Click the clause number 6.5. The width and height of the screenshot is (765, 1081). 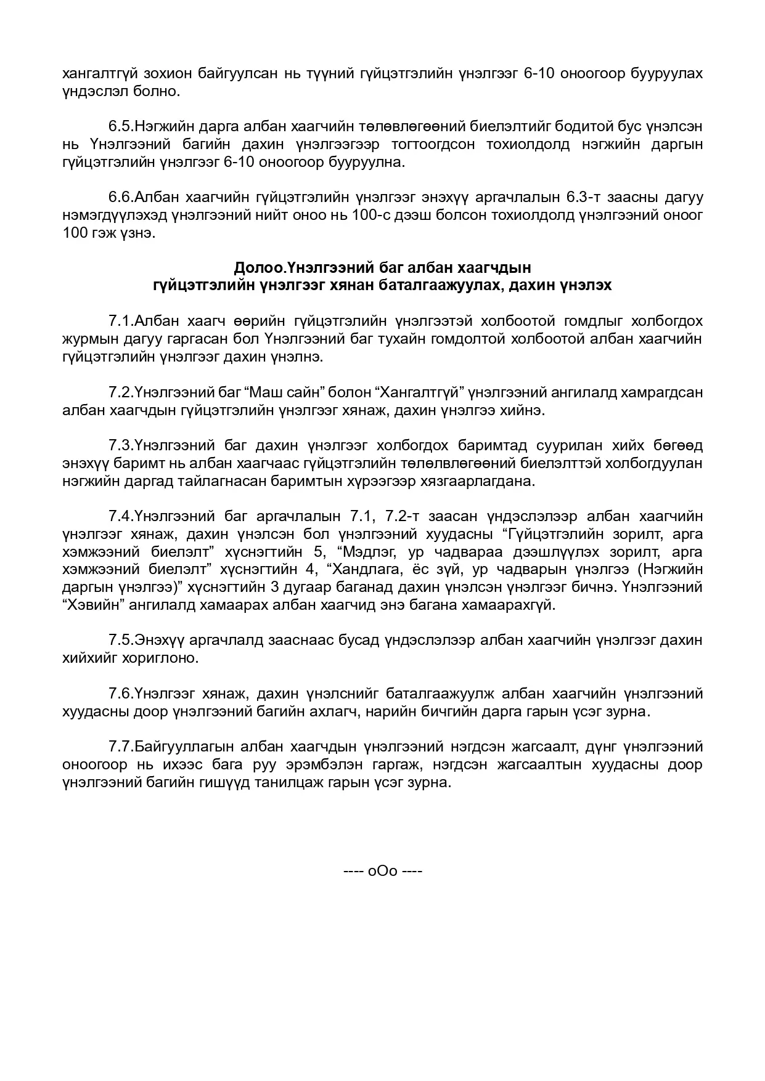121,127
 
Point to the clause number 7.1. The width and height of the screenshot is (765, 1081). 121,321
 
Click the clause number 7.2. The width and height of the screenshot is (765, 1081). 121,392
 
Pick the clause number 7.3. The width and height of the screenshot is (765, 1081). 121,445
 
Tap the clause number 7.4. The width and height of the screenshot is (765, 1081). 121,516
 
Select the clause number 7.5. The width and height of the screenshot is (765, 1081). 121,640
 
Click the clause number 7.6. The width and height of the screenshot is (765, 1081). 121,694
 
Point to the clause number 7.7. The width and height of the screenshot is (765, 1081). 121,747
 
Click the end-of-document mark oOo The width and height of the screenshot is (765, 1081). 382,872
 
